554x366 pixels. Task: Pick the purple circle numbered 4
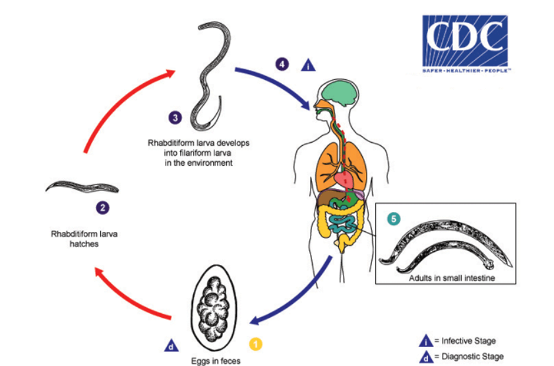tap(282, 65)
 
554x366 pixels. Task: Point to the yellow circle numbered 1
tap(255, 344)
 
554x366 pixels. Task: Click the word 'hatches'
tap(84, 244)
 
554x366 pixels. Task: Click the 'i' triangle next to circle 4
tap(308, 65)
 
